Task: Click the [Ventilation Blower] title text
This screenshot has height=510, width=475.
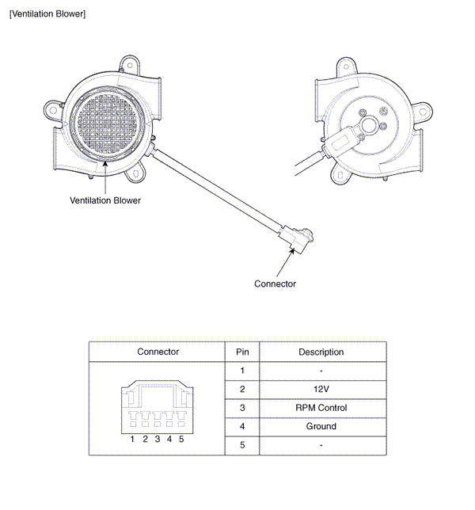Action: (x=47, y=14)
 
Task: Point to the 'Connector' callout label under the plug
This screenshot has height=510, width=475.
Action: (x=275, y=284)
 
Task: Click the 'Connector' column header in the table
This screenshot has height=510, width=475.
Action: (x=158, y=352)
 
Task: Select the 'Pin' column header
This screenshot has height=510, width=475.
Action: (x=241, y=352)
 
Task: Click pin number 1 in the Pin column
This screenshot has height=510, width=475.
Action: (x=241, y=371)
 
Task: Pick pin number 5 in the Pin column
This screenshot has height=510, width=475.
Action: (x=241, y=445)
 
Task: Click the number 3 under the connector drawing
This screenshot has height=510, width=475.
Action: (x=158, y=439)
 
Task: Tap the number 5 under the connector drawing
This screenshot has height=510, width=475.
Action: (x=180, y=439)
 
